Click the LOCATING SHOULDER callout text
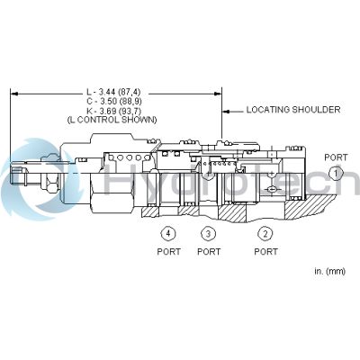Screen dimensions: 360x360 coord(293,110)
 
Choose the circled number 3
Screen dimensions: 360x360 coord(208,234)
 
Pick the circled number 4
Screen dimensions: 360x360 coord(167,234)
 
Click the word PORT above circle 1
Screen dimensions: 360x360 coord(335,157)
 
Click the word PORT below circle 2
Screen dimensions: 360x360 coord(265,251)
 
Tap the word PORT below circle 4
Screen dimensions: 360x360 coord(167,251)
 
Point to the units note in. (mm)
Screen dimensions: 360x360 coord(328,270)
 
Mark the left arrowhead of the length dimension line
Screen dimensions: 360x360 coord(14,91)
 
